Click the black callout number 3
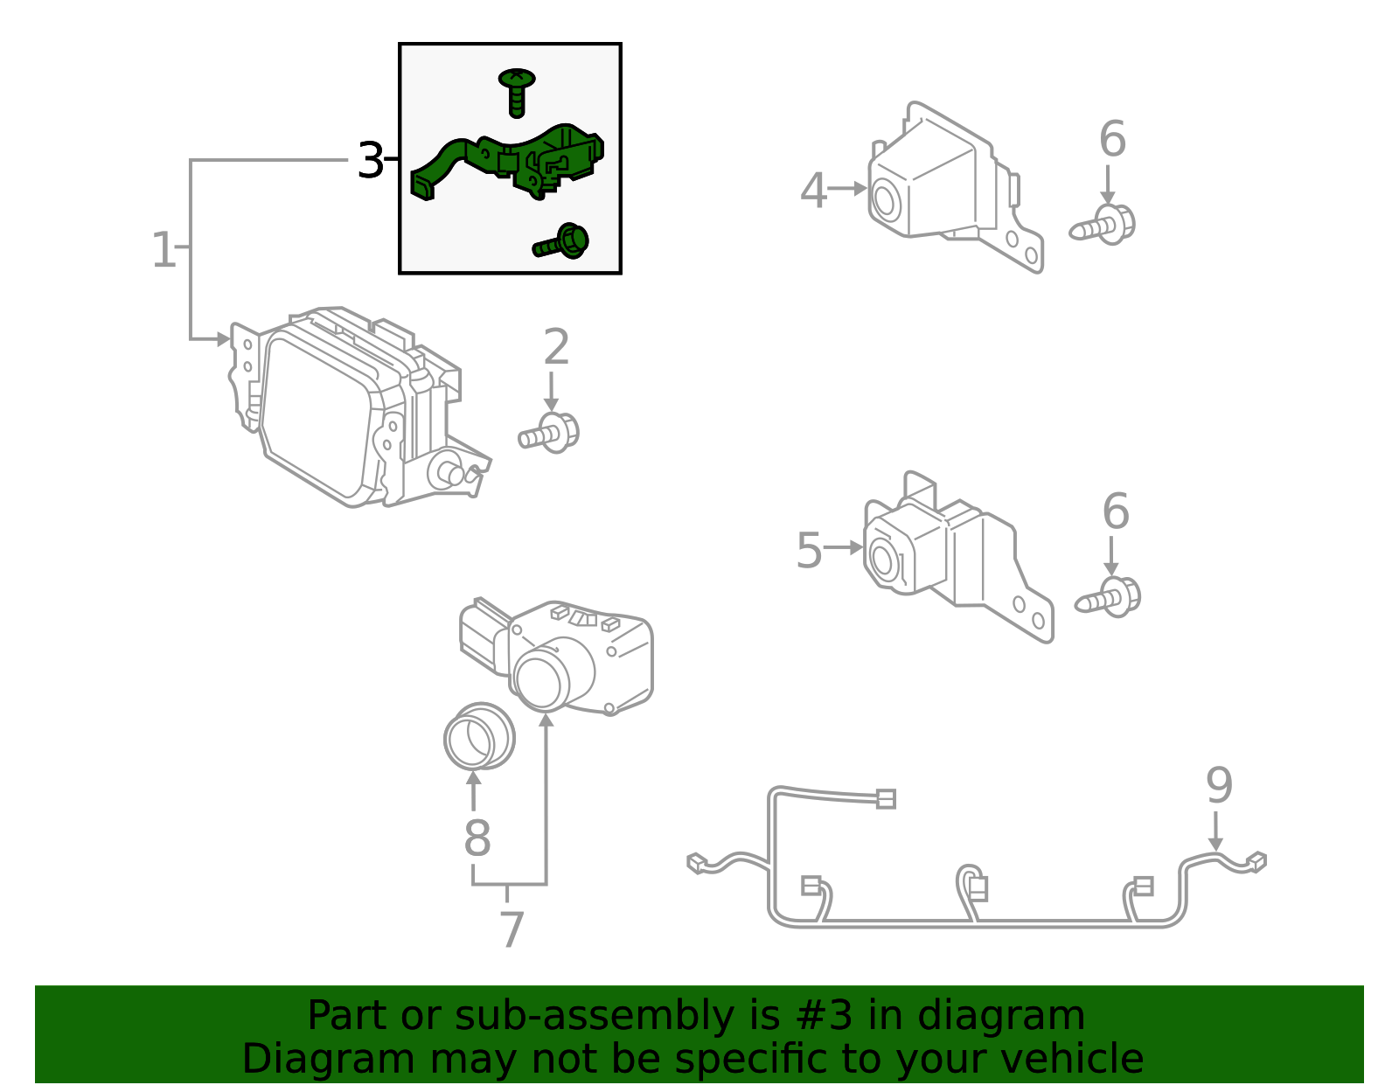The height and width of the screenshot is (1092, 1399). (x=371, y=162)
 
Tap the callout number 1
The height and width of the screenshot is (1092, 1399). (x=164, y=251)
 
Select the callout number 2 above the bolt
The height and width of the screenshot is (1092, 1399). (x=556, y=348)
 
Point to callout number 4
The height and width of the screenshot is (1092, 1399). (x=813, y=191)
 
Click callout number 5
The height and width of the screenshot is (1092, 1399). (x=809, y=551)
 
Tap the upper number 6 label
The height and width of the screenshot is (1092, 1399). (x=1112, y=140)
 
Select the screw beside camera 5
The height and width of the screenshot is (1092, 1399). (x=1109, y=597)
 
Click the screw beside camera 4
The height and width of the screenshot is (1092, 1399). (x=1103, y=225)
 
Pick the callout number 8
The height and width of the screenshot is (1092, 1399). (x=477, y=838)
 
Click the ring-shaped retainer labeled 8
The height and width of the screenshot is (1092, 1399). (x=478, y=736)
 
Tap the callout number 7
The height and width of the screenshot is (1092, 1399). (x=512, y=929)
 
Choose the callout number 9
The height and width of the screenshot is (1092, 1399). (x=1219, y=786)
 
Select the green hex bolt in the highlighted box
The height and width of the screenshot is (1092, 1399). (x=563, y=242)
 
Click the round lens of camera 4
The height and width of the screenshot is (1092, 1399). (x=883, y=201)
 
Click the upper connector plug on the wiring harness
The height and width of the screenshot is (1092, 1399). (x=885, y=798)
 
